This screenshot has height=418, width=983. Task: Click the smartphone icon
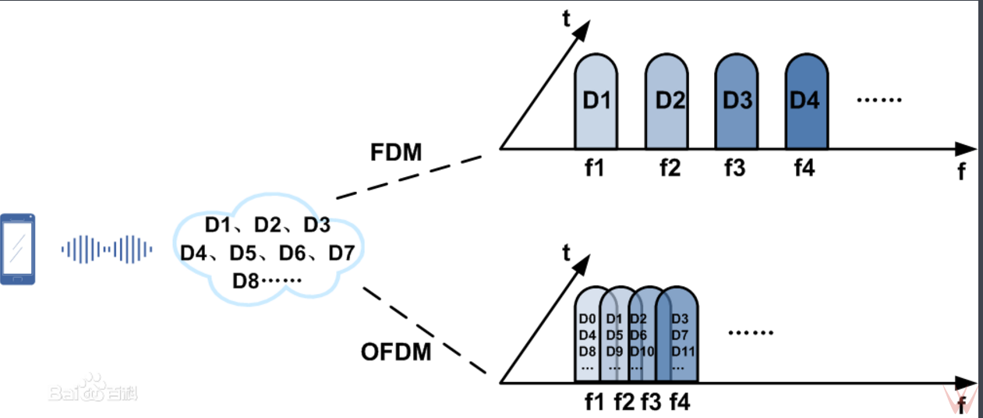[18, 249]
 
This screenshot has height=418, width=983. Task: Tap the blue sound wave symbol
[107, 250]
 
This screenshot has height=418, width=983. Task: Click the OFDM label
[396, 352]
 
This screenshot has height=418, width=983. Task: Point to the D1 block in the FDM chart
[596, 101]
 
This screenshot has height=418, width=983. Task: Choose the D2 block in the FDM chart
[667, 101]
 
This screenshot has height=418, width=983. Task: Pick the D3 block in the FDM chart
[736, 101]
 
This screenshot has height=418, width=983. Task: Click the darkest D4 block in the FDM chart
[806, 101]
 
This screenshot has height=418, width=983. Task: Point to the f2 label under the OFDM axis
[624, 402]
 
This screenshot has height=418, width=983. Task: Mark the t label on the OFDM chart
[567, 252]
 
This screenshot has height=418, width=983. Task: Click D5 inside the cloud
[243, 253]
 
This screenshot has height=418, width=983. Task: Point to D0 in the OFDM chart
[587, 319]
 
